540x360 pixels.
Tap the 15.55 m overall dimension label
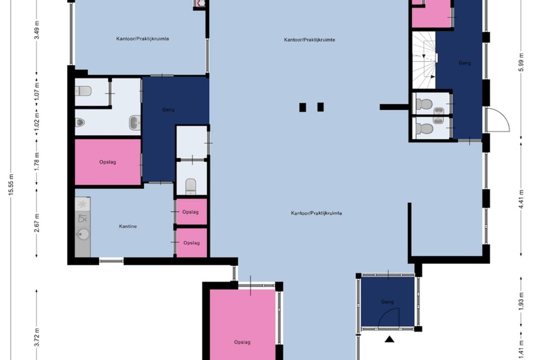coord(11,184)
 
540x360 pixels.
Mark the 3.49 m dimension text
coord(37,30)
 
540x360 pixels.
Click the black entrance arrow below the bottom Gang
coord(390,339)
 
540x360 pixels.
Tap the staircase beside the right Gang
coord(423,61)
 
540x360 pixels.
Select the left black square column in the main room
coord(303,107)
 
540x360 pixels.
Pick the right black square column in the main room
coord(321,107)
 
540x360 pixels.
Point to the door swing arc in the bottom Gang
coord(393,317)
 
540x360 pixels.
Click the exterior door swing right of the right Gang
coord(497,120)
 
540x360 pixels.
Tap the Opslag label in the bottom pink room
coord(242,342)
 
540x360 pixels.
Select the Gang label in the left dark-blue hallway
coord(168,109)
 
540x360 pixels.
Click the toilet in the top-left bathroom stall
coord(83,90)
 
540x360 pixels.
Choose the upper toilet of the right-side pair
coord(424,105)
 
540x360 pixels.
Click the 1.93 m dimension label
coord(521,302)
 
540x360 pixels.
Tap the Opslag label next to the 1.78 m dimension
coord(107,162)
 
